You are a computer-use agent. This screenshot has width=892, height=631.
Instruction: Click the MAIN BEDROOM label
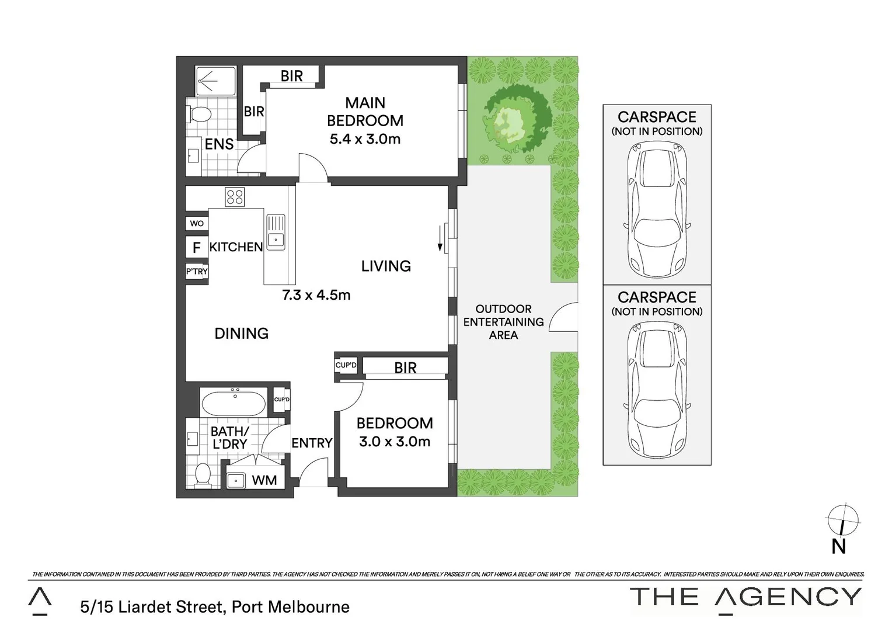365,112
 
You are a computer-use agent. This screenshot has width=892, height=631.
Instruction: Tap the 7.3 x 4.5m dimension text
316,295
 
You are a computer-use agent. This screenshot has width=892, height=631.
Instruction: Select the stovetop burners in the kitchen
235,197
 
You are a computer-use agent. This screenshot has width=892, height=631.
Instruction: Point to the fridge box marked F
197,248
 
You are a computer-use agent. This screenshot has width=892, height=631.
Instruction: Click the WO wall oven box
197,223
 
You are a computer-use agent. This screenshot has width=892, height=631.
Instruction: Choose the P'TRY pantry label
197,272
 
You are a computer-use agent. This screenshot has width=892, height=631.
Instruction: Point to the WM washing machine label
264,480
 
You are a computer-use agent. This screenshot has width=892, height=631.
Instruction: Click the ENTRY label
312,443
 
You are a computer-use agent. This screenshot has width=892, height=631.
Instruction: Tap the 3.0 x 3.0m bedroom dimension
395,442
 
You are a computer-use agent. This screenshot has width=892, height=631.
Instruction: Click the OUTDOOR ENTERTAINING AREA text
503,322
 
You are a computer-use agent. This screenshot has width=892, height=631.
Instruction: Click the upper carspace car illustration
657,209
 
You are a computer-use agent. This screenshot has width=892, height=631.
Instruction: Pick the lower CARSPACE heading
657,297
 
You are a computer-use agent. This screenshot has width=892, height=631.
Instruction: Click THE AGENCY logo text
745,598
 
